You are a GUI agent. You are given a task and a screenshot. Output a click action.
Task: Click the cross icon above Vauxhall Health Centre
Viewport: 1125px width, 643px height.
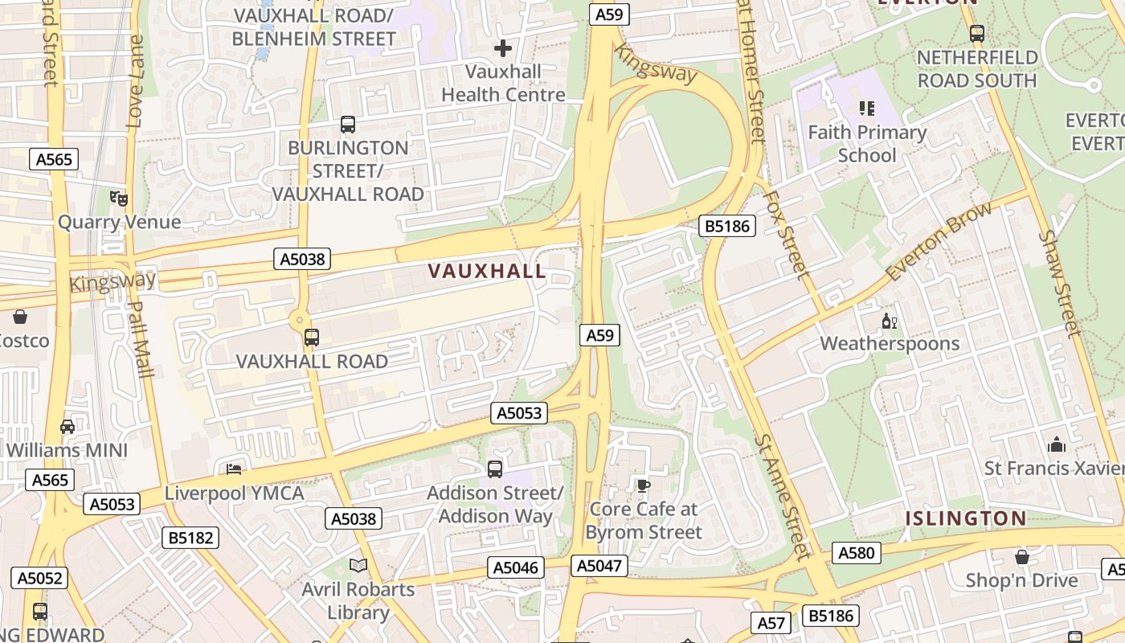(503, 48)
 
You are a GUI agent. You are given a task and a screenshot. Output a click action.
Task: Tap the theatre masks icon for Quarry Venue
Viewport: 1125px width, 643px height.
(119, 198)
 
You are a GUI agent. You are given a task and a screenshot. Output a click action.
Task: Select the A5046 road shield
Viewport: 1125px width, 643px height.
(515, 568)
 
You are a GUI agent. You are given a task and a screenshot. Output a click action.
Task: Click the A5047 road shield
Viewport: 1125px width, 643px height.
(599, 566)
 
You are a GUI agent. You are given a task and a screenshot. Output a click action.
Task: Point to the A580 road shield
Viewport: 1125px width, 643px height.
(856, 553)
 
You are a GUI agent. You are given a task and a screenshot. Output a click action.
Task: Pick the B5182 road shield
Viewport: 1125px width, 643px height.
(190, 538)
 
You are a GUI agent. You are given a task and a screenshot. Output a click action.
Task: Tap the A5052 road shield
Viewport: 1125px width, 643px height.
(39, 578)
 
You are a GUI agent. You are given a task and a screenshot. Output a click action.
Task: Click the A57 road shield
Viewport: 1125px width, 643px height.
(771, 622)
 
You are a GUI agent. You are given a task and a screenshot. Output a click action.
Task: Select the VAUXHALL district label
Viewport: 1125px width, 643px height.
(487, 272)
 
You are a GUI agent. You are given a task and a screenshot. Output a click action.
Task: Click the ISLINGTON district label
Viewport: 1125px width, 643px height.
(966, 518)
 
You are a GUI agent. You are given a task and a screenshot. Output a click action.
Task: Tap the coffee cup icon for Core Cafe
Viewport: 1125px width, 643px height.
(643, 485)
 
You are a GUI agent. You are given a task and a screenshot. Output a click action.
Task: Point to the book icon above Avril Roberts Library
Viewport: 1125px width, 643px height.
(358, 566)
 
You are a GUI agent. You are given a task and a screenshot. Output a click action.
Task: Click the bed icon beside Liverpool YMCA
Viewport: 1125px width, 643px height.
(234, 469)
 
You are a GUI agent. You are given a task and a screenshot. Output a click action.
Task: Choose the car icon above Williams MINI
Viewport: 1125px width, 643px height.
(67, 426)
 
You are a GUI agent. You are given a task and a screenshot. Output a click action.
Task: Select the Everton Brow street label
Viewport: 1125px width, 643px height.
(939, 241)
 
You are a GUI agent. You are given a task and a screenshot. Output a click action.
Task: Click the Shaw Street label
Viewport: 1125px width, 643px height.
(1061, 282)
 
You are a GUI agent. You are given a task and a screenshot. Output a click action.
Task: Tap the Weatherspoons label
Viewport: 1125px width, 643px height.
(890, 344)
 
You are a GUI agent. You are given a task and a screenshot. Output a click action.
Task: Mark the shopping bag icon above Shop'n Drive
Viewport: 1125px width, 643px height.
(1022, 556)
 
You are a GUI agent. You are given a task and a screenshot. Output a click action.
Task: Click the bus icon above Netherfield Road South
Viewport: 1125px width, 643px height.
(977, 34)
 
